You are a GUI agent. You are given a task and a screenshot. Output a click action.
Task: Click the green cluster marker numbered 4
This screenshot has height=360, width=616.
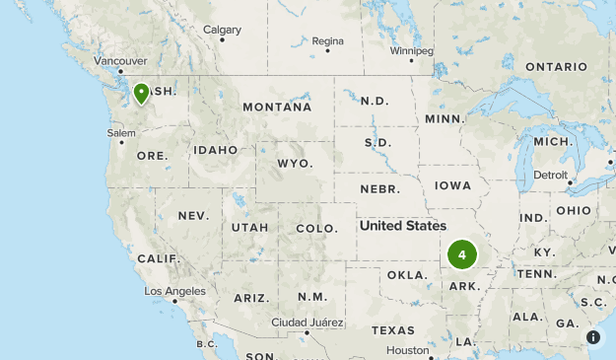[461, 254]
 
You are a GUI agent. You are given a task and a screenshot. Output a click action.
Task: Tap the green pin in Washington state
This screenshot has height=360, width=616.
[142, 94]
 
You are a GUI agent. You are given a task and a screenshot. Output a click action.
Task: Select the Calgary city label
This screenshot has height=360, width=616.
[222, 30]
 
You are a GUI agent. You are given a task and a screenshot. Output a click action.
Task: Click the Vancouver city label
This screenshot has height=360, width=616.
[120, 60]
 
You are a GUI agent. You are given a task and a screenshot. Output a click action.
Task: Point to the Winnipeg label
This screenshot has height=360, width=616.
[411, 49]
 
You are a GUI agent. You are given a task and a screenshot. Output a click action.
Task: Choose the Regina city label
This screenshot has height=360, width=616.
[327, 41]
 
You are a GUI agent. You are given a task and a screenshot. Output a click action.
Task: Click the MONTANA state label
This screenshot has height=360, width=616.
[277, 107]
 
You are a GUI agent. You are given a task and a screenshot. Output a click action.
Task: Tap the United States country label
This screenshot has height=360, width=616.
[402, 226]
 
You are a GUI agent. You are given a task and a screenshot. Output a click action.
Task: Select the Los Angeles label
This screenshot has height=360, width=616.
[174, 291]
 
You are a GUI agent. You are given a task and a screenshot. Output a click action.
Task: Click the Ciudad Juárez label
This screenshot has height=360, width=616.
[308, 323]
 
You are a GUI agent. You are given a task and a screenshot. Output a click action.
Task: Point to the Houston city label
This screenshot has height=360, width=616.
[407, 350]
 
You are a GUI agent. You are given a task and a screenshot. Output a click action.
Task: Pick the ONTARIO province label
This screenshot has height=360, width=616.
[556, 67]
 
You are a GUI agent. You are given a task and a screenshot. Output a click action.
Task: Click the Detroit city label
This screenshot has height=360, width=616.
[550, 175]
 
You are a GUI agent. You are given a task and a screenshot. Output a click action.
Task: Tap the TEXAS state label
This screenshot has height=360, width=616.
[393, 330]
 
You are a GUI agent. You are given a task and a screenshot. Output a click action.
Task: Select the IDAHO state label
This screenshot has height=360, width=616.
[215, 150]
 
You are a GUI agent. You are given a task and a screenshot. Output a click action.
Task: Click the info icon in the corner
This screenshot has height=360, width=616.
[593, 337]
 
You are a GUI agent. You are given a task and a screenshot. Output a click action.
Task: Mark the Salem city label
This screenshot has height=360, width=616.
[121, 133]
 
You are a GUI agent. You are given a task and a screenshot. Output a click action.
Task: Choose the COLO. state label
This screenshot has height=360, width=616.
[316, 229]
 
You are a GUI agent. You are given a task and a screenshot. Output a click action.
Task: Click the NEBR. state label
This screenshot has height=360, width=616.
[379, 188]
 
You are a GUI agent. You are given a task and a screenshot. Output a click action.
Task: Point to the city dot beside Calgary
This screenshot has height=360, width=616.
[223, 40]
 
